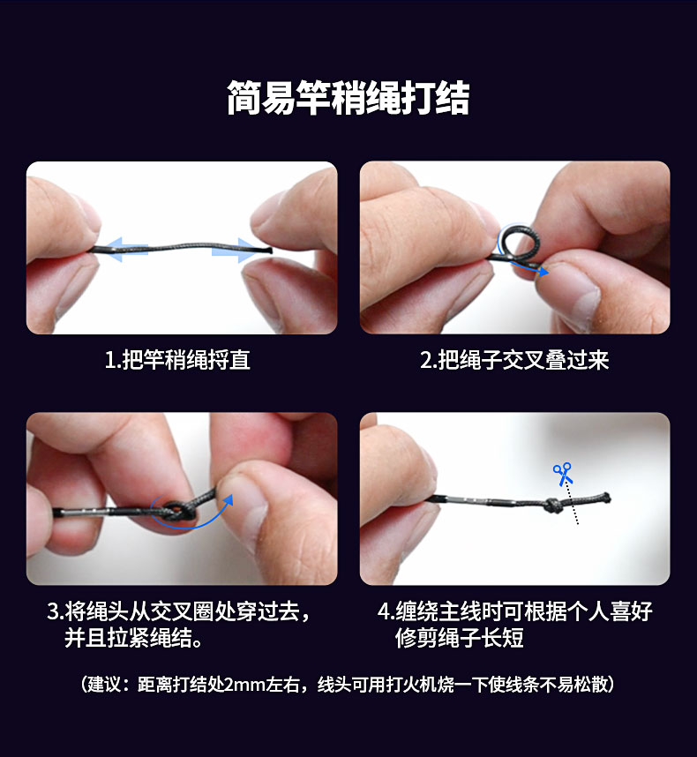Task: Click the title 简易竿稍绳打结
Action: [x=348, y=98]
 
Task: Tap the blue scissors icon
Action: [x=563, y=474]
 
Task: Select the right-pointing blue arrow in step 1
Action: [x=234, y=250]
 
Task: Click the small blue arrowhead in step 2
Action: [x=543, y=272]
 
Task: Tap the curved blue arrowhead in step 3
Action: [x=228, y=500]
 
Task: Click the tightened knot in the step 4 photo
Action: [x=551, y=506]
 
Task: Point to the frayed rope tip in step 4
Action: [x=605, y=498]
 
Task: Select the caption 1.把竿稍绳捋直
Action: [x=177, y=360]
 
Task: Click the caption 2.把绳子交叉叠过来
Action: [x=514, y=360]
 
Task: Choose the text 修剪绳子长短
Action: [x=459, y=638]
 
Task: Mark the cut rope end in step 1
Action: [x=269, y=250]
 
